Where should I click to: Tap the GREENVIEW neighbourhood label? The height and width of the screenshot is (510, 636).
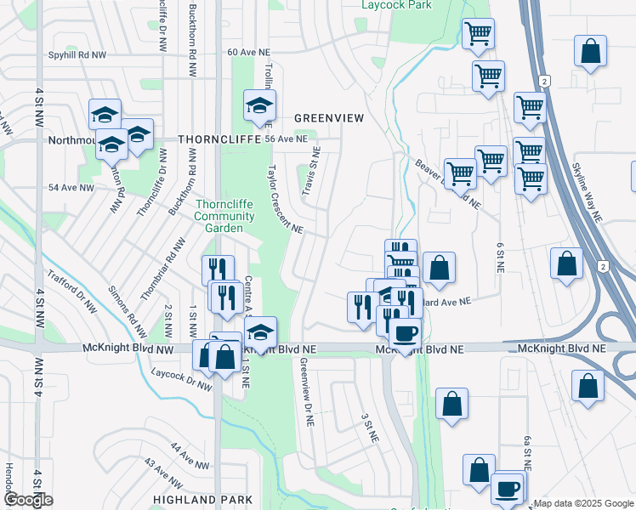coord(328,119)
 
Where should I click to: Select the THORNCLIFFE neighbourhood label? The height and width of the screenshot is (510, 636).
coord(213,139)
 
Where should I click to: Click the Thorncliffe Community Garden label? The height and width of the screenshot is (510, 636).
coord(224,216)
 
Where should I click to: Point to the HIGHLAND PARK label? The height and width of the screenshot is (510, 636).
coord(202,499)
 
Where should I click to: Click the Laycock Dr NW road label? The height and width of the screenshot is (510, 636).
coord(181,379)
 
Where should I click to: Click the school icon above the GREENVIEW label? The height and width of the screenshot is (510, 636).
coord(259,105)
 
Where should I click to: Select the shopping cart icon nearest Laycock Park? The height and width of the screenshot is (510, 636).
coord(478,34)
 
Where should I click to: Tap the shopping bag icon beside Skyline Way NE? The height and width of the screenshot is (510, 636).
coord(566,263)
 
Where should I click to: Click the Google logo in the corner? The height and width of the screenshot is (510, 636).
coord(28,500)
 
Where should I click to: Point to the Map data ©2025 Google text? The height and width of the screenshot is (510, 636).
coord(583,503)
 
